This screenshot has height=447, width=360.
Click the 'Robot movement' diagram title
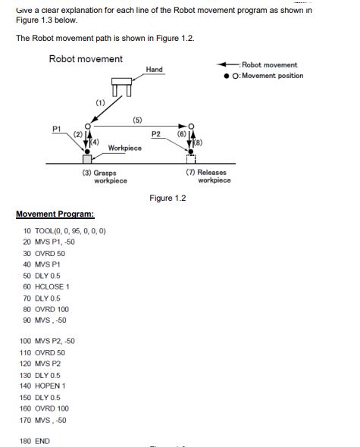point(86,59)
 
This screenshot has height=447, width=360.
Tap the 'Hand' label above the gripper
point(155,70)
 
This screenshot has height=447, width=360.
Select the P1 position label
point(56,129)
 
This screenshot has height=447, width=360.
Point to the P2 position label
point(155,134)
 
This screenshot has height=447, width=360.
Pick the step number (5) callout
point(137,120)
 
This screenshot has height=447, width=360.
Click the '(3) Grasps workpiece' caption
point(105,177)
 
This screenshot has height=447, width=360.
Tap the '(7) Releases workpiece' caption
point(207,177)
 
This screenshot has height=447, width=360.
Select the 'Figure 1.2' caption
point(167,198)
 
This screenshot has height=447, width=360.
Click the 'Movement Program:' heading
point(54,214)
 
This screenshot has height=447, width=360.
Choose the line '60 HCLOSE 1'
point(46,287)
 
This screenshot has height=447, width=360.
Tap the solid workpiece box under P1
point(87,158)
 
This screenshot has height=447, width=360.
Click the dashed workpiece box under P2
point(190,158)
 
